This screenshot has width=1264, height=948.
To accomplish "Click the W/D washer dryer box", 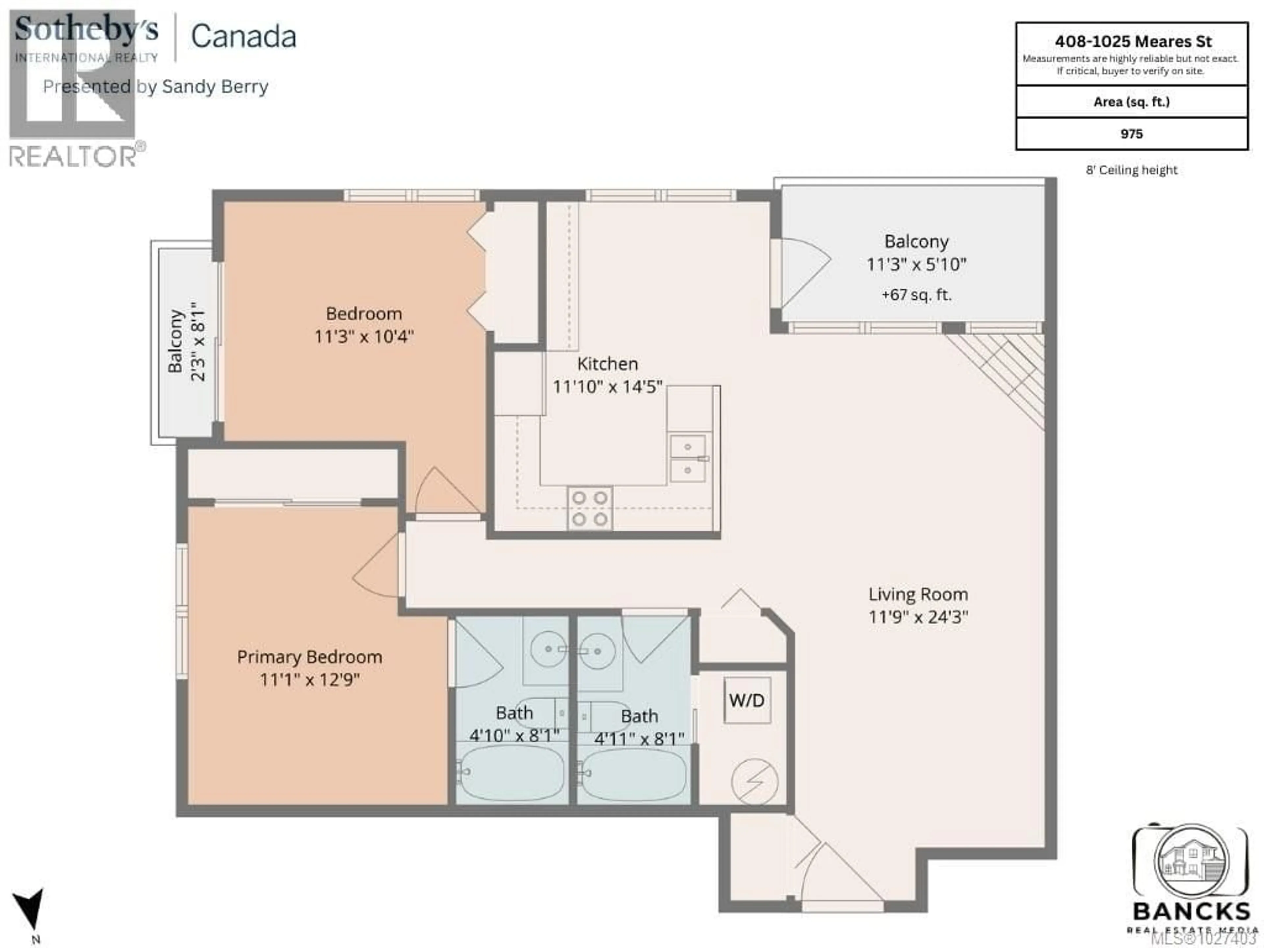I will click(746, 700).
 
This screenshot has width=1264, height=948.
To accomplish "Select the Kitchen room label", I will click(607, 363).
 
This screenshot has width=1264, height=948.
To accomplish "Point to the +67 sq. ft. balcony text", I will click(916, 295).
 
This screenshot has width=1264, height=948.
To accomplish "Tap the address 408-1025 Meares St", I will click(1133, 41).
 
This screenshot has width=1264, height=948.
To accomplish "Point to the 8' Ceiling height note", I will click(1131, 170).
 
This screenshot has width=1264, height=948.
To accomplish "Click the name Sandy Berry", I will click(215, 87).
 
